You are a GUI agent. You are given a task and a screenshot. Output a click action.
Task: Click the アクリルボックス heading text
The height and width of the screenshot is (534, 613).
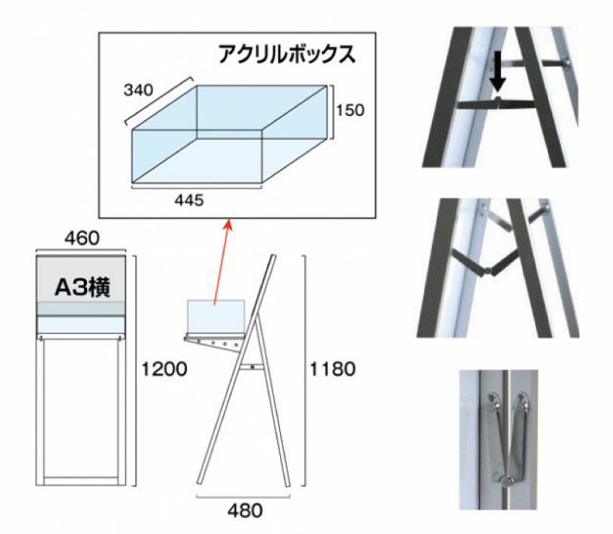[287, 54]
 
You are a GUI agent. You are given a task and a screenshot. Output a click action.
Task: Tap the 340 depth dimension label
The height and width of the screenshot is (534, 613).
[138, 90]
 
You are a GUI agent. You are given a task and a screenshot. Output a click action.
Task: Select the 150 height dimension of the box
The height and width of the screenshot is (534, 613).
[350, 110]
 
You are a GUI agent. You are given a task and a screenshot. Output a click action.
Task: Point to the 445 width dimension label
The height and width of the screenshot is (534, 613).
[189, 200]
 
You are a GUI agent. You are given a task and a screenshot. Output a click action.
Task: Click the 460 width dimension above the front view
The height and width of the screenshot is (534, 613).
[82, 238]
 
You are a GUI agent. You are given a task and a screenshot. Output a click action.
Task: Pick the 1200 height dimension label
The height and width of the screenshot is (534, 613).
[164, 369]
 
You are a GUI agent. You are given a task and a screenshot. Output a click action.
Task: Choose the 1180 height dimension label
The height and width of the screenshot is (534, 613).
[333, 369]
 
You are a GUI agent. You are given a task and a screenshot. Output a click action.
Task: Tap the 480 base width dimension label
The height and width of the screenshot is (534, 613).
[245, 511]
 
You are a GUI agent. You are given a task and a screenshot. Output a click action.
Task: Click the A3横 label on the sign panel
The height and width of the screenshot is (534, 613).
[82, 287]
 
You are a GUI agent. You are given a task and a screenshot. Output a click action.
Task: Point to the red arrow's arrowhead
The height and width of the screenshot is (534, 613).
[229, 225]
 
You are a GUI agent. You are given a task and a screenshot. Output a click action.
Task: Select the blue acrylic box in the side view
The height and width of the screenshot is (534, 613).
[216, 316]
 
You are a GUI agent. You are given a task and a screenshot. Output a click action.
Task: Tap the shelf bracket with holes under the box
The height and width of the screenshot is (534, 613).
[213, 343]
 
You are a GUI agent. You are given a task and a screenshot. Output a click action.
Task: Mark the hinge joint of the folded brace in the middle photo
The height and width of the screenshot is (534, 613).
[488, 271]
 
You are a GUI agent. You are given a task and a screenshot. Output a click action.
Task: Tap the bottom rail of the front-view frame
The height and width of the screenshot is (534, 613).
[81, 478]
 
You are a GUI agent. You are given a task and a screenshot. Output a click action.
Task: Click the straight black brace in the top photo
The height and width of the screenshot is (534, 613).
[496, 104]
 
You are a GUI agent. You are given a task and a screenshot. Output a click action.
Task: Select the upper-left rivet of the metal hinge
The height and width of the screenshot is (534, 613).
[493, 399]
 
